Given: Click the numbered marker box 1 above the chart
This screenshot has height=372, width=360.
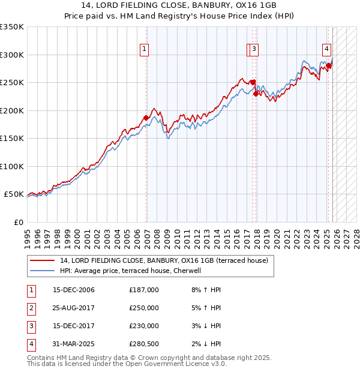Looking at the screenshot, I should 145,50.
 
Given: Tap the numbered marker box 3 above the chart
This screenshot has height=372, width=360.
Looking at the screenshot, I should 254,50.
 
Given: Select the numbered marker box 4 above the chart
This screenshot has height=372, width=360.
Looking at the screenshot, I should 326,50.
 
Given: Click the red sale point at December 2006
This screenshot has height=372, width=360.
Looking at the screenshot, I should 146,118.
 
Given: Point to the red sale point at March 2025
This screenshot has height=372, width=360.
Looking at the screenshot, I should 329,65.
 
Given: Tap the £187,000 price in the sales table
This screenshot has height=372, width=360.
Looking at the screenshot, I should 144,290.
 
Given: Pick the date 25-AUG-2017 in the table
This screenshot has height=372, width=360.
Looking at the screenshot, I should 74,308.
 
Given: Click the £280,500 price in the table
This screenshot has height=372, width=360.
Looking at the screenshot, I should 144,344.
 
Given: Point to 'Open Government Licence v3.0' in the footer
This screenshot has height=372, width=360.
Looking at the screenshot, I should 175,364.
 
